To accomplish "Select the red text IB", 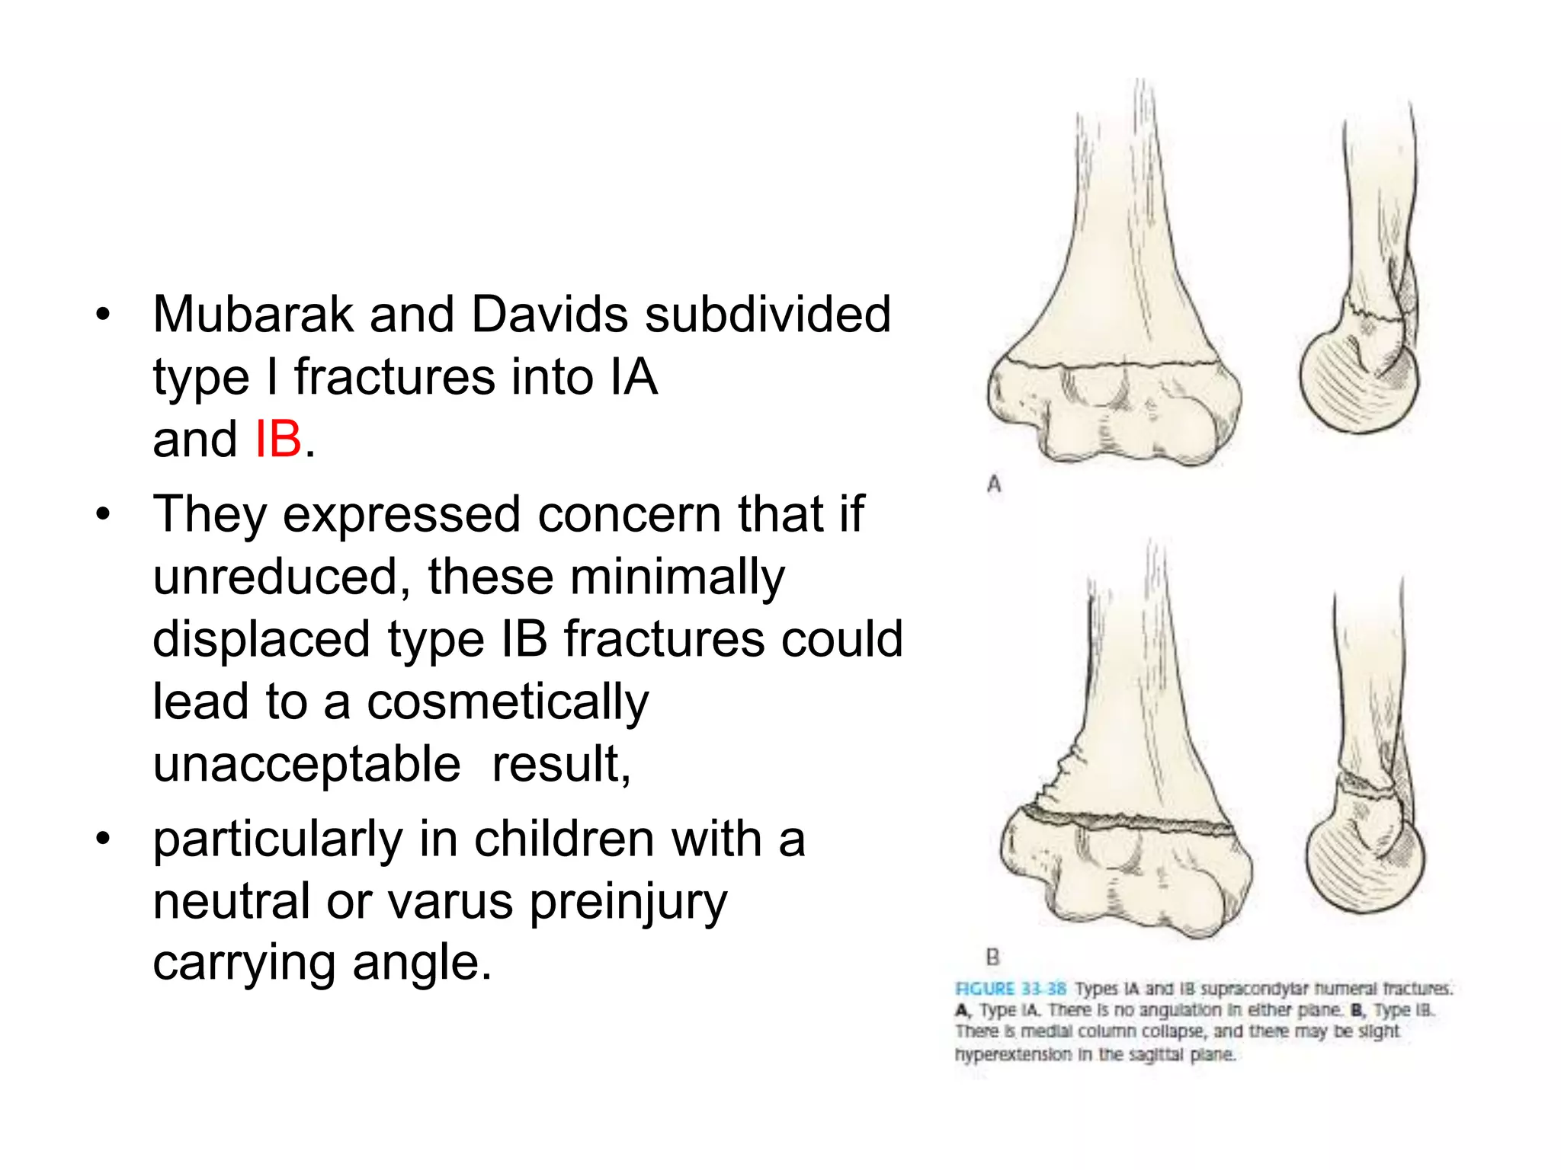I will (277, 440).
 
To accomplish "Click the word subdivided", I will (768, 314).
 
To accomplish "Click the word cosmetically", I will (508, 702).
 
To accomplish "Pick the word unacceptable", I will (306, 764).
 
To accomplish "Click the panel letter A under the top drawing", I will (994, 484).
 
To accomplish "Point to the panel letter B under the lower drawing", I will (992, 957).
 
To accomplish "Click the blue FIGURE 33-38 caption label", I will (1011, 989).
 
